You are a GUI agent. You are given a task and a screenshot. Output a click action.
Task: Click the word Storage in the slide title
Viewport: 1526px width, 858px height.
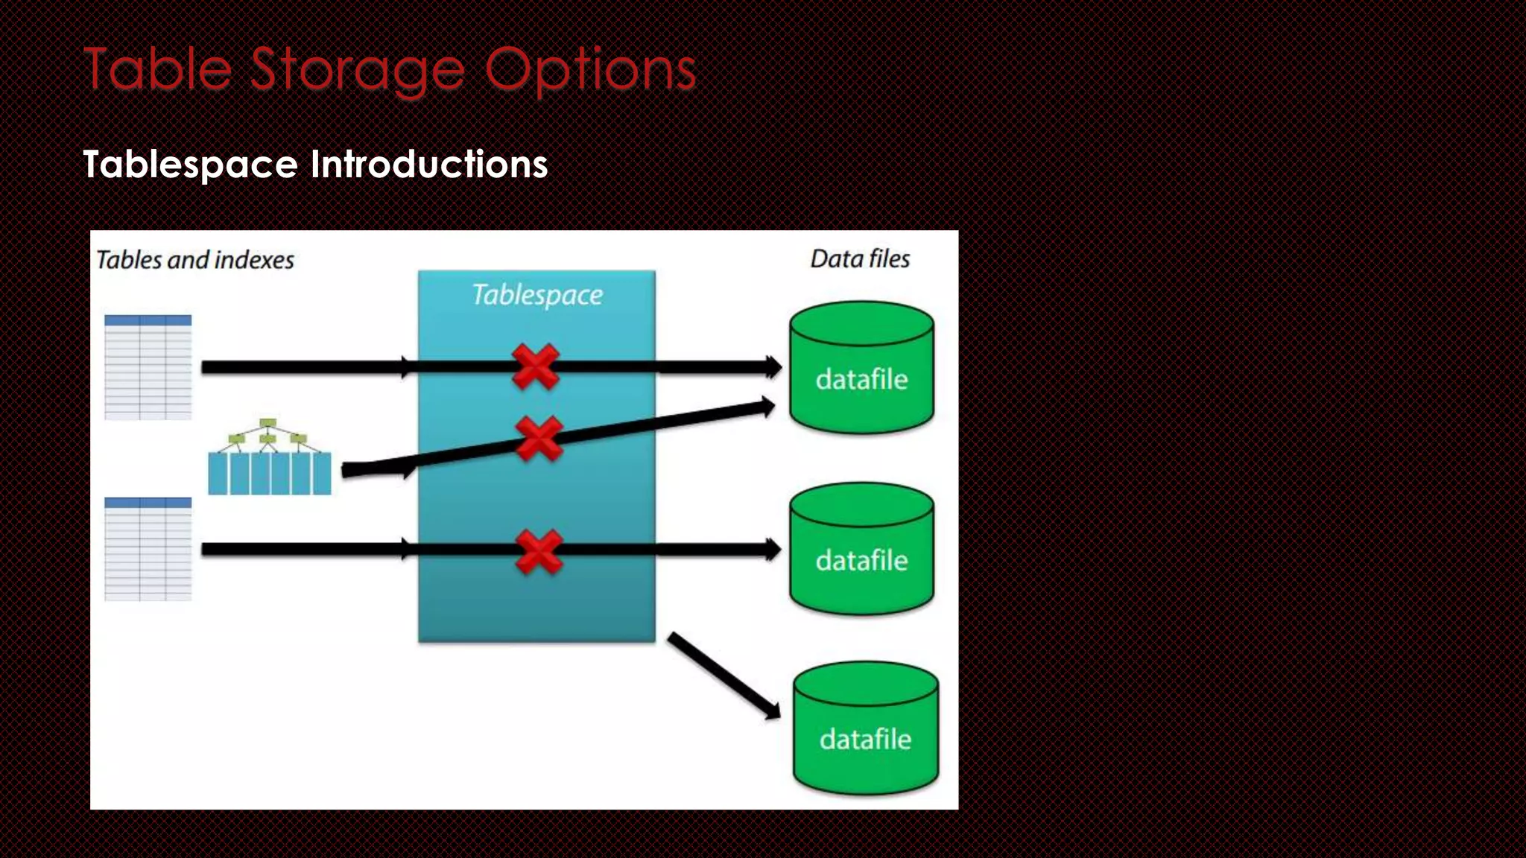(x=358, y=70)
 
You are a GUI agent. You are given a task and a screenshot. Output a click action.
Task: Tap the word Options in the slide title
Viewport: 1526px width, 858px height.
(x=590, y=70)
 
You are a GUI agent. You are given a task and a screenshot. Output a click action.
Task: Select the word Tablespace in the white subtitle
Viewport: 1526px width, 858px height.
(x=191, y=164)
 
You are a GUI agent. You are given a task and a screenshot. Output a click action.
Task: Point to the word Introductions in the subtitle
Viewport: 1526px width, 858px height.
(x=429, y=164)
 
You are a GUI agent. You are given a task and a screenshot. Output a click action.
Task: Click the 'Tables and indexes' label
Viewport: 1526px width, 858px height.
(x=195, y=260)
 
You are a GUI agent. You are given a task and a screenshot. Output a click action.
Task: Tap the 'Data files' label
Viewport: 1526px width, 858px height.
(x=860, y=258)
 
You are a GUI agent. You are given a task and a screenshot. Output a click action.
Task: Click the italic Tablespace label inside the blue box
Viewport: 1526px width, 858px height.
(x=537, y=295)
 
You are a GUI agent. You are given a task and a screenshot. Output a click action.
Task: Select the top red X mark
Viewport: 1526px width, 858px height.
(x=535, y=366)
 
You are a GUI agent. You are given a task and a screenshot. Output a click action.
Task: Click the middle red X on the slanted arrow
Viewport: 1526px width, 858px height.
(x=539, y=439)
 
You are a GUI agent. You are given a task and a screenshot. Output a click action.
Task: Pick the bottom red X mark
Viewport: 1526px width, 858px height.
(x=539, y=552)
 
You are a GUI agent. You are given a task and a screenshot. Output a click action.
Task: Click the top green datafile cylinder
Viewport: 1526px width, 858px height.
(x=861, y=367)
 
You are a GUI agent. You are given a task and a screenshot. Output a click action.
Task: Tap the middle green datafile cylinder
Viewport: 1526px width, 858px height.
(x=861, y=549)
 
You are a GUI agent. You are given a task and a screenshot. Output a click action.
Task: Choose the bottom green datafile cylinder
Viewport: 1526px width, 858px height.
(x=865, y=728)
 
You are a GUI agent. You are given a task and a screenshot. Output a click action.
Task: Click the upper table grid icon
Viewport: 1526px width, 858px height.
(x=148, y=367)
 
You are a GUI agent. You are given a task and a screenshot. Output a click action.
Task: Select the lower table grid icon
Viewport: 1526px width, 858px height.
(x=148, y=549)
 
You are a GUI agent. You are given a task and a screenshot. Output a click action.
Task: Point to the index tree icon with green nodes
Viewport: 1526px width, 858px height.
(x=269, y=457)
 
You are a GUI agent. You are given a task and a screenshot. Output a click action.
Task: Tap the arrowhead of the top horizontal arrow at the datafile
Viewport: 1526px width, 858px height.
(x=773, y=366)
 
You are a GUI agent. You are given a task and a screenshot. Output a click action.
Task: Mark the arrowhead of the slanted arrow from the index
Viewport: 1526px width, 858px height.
(x=767, y=407)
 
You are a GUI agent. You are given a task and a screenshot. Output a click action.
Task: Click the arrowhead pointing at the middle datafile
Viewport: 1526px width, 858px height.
(x=773, y=550)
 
